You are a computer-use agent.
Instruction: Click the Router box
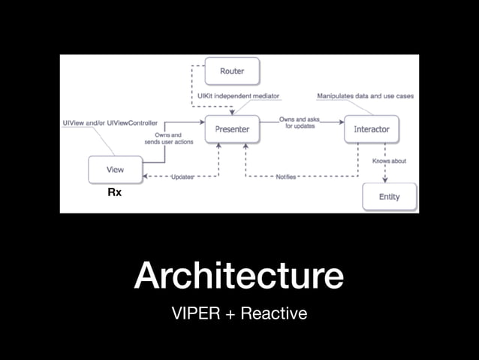pos(231,71)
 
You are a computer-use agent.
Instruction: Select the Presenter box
pos(231,129)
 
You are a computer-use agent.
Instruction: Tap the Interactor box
pos(371,129)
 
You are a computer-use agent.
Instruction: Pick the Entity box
pos(390,197)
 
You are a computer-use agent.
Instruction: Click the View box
pos(115,170)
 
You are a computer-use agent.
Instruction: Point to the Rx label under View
pos(115,193)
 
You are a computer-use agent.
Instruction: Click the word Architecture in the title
pos(239,275)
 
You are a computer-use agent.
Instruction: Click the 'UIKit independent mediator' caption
pos(238,96)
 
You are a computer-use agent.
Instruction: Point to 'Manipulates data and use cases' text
pos(365,96)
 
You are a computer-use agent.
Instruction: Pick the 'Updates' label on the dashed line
pos(182,177)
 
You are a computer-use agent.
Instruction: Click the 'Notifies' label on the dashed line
pos(285,177)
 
